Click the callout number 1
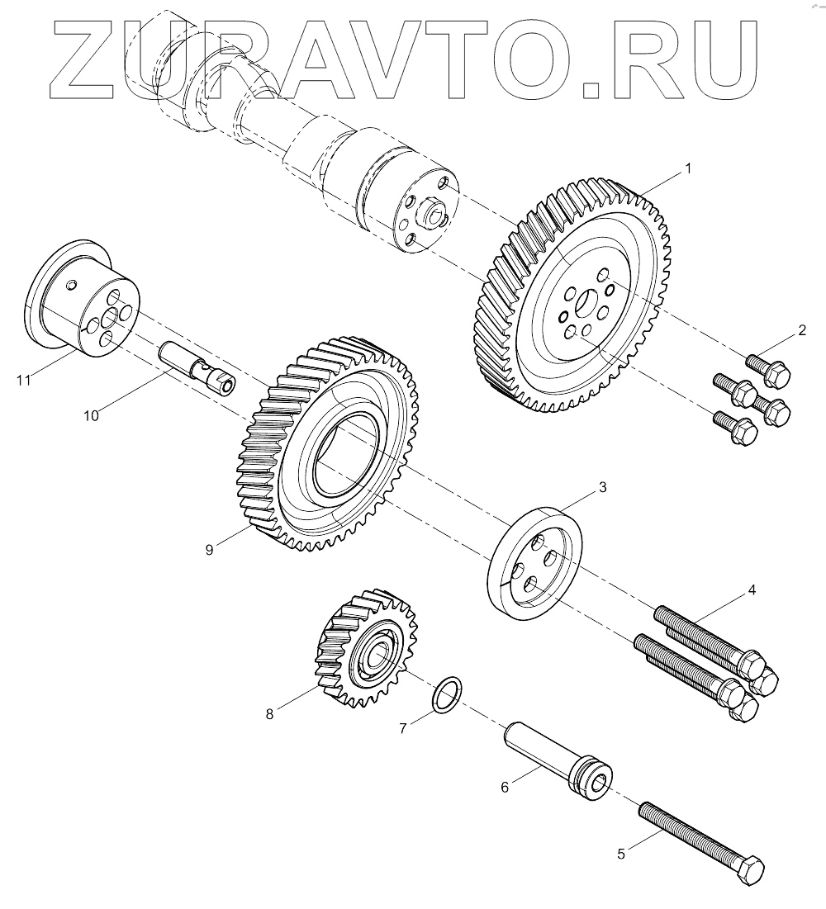687,168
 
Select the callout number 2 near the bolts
800,332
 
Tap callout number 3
602,487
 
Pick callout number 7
403,728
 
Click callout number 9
210,549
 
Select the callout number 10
91,415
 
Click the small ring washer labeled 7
447,694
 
